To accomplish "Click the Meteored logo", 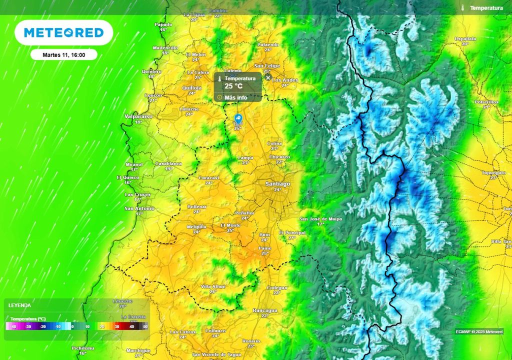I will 63,32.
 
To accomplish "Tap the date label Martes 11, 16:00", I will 63,55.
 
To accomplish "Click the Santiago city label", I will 277,184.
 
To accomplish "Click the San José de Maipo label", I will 320,219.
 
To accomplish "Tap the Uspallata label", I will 465,38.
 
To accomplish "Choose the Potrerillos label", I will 486,101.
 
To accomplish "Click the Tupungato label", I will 493,172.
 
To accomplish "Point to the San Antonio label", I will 139,208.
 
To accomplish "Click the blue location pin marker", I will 238,119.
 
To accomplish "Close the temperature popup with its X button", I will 268,77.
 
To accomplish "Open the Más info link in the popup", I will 235,97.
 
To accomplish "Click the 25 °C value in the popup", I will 233,86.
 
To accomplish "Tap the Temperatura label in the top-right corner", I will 486,8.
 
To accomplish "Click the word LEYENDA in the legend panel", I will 19,305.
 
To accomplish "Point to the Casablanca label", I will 168,163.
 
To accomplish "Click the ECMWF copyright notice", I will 479,331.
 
